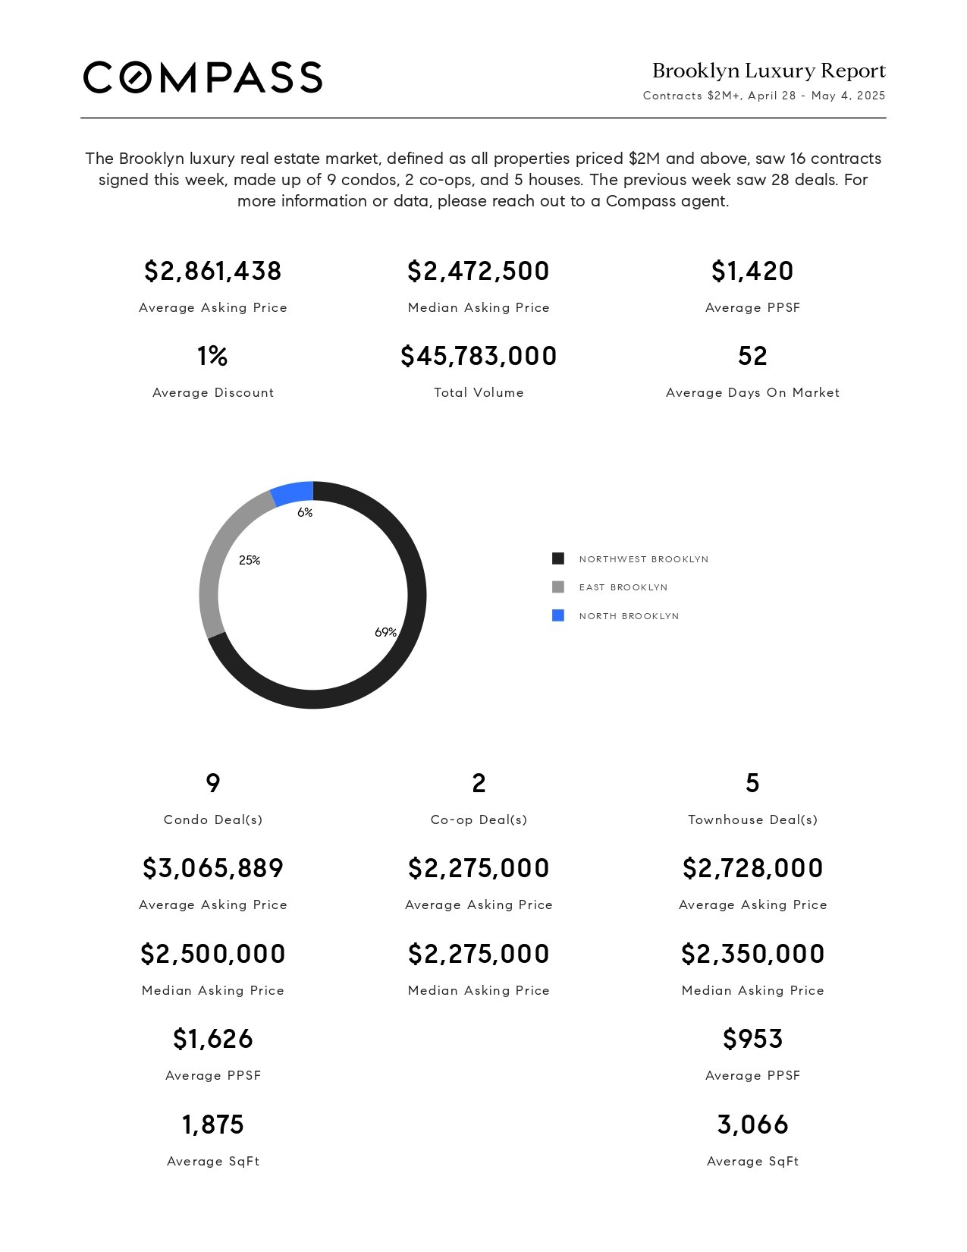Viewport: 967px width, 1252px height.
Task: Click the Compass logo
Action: [203, 77]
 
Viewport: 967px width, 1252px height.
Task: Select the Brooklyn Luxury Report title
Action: [768, 71]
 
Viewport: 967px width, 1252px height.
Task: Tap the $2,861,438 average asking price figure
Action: [212, 271]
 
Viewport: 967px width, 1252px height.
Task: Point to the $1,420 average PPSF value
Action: [752, 271]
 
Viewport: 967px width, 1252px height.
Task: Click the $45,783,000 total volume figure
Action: [479, 356]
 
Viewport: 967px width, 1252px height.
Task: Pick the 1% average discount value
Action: [212, 356]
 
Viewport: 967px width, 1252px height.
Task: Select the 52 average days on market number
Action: [752, 356]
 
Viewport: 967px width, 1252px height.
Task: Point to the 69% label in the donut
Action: [385, 632]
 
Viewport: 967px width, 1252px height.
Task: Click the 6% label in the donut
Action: [305, 512]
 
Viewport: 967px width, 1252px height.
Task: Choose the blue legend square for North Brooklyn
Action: [557, 615]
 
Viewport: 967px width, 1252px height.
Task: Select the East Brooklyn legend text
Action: [623, 587]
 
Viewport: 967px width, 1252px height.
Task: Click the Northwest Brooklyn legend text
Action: [644, 559]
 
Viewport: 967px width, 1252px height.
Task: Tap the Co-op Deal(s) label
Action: [479, 819]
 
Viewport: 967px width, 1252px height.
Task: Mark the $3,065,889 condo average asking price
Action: [212, 868]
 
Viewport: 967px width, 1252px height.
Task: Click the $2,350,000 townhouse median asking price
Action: [752, 954]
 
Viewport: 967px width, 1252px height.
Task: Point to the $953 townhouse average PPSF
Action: [752, 1039]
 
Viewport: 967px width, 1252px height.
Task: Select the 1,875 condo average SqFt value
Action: [212, 1125]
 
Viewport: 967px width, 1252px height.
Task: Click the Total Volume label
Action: [479, 392]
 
